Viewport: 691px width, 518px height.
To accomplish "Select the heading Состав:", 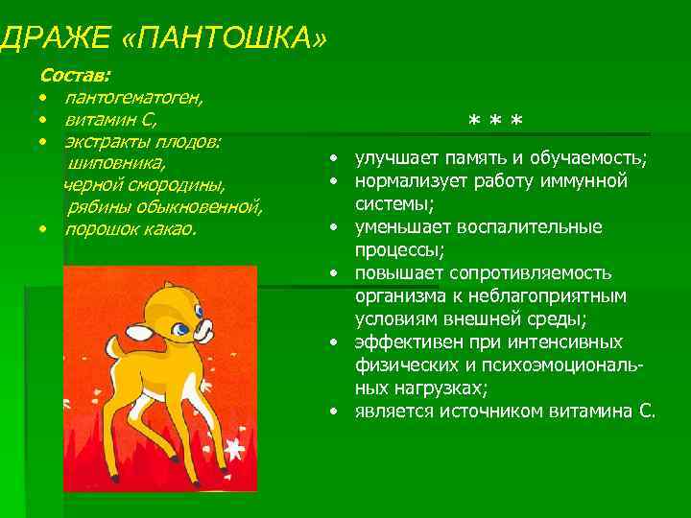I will click(x=75, y=74).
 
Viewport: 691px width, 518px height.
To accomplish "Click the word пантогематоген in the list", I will click(x=133, y=97).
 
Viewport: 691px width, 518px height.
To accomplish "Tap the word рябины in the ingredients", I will click(x=94, y=207).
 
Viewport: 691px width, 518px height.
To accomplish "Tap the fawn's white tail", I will click(x=137, y=333).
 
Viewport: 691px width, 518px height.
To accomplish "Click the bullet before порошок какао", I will click(x=43, y=230).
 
